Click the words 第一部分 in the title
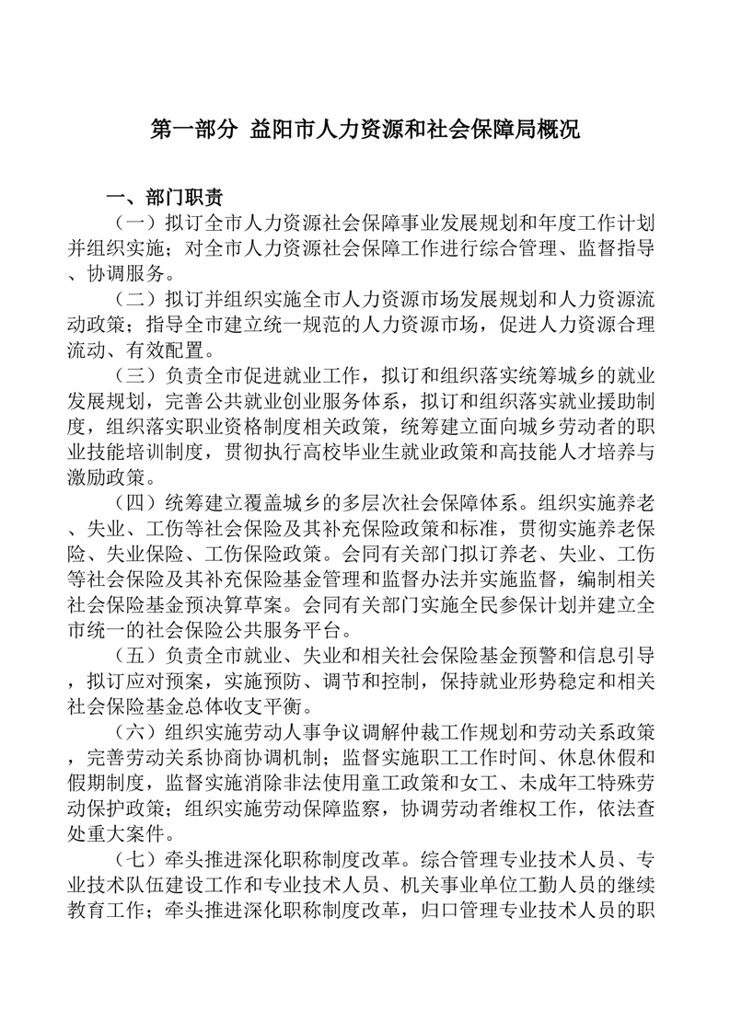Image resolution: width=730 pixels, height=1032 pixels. pos(193,129)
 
